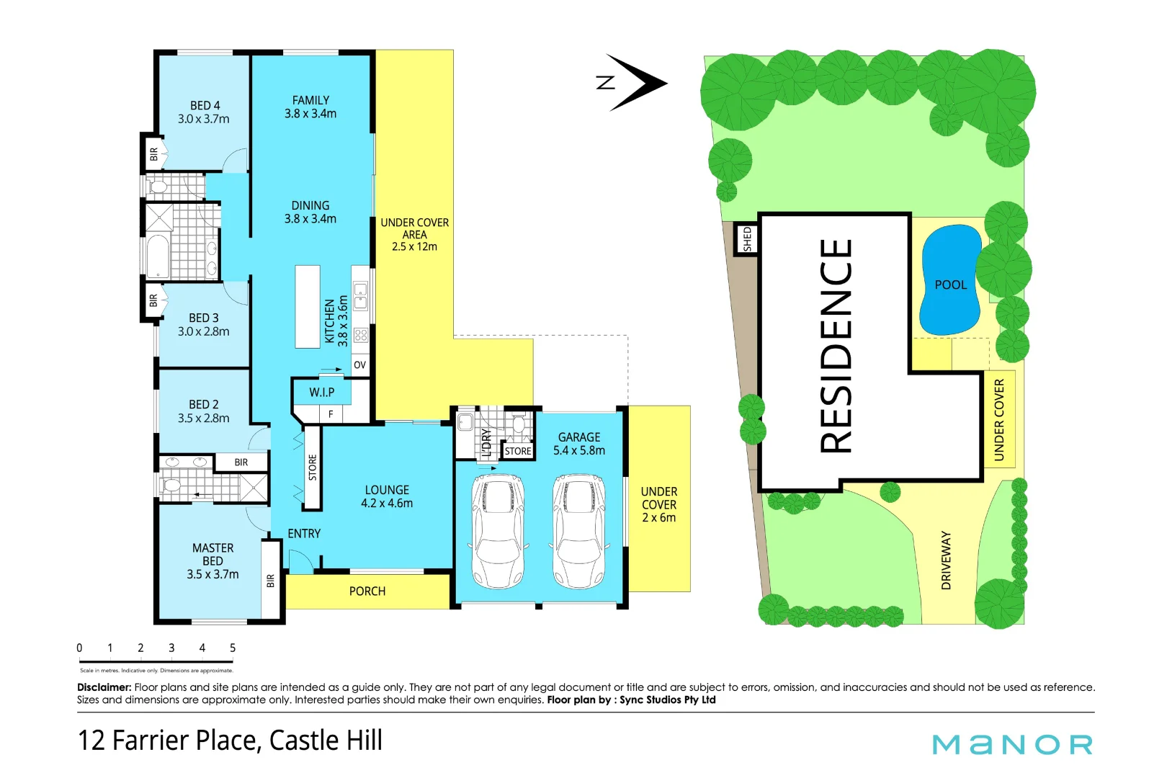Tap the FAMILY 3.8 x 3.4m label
pyautogui.click(x=310, y=107)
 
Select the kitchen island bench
pyautogui.click(x=308, y=307)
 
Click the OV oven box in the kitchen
pyautogui.click(x=359, y=365)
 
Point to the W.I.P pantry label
pyautogui.click(x=321, y=393)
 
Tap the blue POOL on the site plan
pyautogui.click(x=950, y=281)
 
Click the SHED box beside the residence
pyautogui.click(x=747, y=239)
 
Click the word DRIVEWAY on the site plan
pyautogui.click(x=946, y=560)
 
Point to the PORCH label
pyautogui.click(x=367, y=591)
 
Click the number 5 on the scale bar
pyautogui.click(x=233, y=648)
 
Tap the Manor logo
pyautogui.click(x=1012, y=744)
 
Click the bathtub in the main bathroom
pyautogui.click(x=158, y=257)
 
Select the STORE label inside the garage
pyautogui.click(x=517, y=452)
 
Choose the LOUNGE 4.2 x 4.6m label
pyautogui.click(x=387, y=496)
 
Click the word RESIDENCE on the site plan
pyautogui.click(x=836, y=346)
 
